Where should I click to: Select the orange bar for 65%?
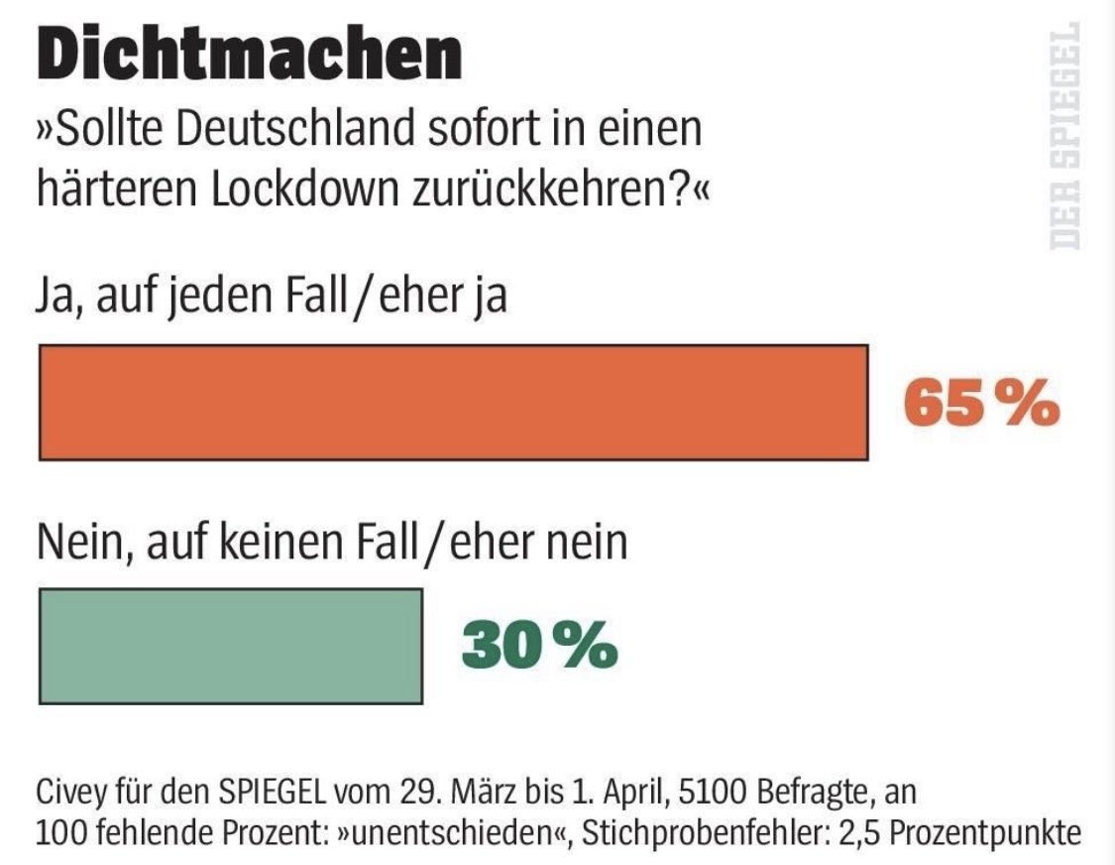[x=453, y=402]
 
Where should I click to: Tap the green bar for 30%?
[x=230, y=646]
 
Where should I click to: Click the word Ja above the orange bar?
[x=57, y=296]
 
